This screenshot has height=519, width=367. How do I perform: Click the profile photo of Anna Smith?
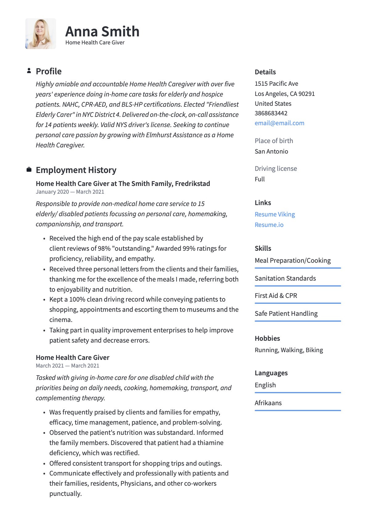41,34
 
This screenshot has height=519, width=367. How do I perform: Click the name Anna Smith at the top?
102,31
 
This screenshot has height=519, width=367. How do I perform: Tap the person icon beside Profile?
29,71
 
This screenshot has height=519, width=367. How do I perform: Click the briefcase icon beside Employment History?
29,170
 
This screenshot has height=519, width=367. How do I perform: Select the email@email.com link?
279,123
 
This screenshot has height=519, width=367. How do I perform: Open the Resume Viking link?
275,214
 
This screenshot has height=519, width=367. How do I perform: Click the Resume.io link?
269,225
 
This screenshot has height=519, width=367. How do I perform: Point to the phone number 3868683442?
271,113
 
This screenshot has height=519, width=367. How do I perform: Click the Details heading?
265,72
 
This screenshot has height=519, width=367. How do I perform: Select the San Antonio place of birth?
271,151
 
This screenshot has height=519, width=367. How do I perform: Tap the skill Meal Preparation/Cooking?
293,261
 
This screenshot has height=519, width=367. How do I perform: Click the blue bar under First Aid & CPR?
298,303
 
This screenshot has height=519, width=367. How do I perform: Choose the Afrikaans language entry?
268,403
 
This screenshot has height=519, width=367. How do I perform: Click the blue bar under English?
298,393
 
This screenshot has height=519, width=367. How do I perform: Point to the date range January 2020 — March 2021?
70,192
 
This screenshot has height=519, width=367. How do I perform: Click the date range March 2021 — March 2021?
68,366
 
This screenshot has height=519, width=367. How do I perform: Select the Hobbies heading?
267,339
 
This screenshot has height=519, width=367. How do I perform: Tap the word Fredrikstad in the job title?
192,184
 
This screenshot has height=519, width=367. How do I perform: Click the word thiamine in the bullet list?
210,443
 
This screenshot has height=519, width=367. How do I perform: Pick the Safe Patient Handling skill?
286,314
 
